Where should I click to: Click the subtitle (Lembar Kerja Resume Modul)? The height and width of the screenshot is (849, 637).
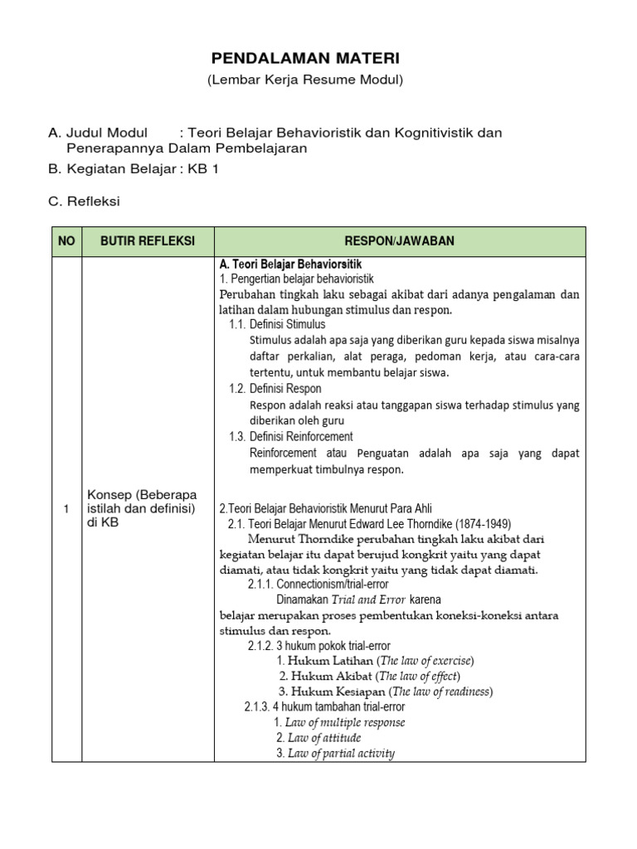click(x=304, y=80)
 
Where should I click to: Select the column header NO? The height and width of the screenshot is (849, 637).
click(x=66, y=241)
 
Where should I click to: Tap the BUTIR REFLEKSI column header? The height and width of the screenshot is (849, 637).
click(x=147, y=241)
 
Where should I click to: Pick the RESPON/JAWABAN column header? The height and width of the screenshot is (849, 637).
click(x=399, y=241)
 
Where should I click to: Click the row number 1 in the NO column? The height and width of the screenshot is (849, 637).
click(x=66, y=508)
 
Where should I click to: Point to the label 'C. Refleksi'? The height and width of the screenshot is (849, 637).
click(x=85, y=201)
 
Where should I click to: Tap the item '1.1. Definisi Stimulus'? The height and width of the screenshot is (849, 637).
click(x=277, y=324)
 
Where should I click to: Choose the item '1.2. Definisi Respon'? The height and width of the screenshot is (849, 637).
click(x=275, y=389)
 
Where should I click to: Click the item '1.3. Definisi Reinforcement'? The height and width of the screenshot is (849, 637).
click(x=290, y=436)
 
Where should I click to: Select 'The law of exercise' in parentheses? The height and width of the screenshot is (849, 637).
click(x=425, y=661)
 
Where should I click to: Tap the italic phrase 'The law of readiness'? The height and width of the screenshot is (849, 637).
click(x=441, y=691)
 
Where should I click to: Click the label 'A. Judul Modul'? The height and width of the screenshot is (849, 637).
click(x=98, y=133)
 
